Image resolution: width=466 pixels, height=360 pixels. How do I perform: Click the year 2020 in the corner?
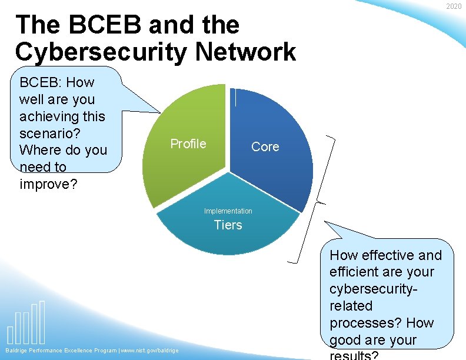[x=453, y=6]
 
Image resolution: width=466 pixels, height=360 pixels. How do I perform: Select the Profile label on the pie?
[x=188, y=144]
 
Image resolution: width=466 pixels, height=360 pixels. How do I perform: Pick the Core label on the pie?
[x=265, y=147]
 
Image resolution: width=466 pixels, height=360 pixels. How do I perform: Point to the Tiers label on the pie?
[x=228, y=225]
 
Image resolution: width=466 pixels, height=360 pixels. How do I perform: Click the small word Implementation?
[x=228, y=211]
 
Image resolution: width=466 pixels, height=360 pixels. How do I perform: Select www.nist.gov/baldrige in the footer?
[x=149, y=351]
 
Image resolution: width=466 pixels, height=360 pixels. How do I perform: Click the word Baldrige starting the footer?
[x=18, y=351]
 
